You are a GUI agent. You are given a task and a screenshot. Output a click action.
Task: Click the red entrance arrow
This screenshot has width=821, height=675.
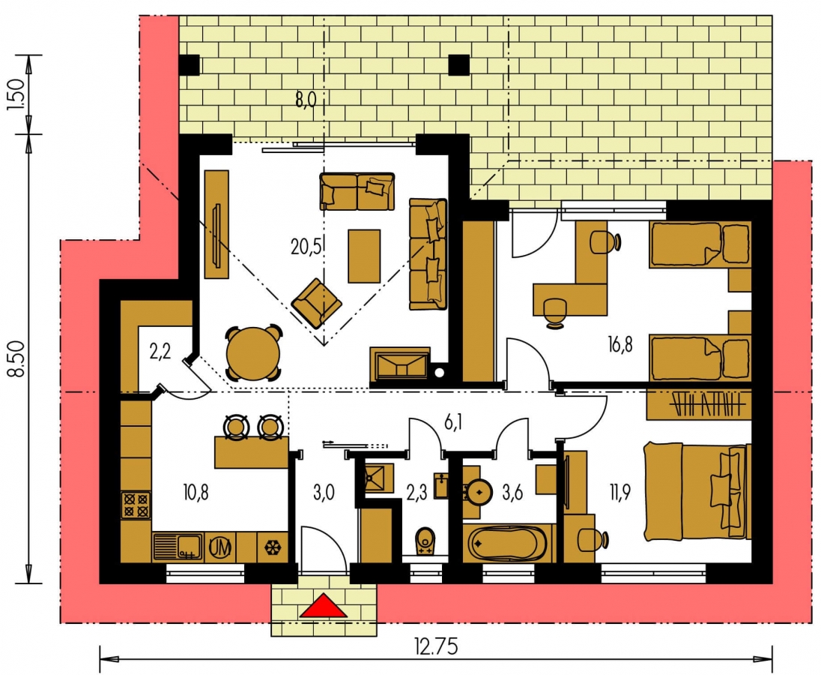click(324, 605)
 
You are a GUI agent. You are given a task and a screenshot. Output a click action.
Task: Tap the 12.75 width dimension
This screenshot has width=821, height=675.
click(436, 646)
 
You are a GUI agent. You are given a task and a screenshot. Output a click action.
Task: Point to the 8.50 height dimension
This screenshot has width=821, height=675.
click(16, 358)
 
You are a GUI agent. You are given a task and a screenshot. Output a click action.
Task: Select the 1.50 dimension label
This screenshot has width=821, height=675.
click(16, 94)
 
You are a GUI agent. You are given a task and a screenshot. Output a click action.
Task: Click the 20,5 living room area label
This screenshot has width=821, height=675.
click(306, 245)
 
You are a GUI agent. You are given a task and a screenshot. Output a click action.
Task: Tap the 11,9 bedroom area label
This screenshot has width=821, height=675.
click(619, 493)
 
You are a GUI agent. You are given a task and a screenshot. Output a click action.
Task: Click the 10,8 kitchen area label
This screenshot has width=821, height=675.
click(196, 493)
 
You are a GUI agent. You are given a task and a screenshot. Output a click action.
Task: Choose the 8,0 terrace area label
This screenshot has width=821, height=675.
click(306, 98)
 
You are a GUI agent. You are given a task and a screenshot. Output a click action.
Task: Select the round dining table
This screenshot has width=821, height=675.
click(253, 353)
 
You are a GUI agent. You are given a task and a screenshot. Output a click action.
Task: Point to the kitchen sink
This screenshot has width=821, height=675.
click(178, 547)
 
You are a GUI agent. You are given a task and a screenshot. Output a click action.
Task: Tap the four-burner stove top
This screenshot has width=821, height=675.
click(136, 505)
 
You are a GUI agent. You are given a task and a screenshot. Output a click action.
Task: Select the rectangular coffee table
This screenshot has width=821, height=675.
click(364, 256)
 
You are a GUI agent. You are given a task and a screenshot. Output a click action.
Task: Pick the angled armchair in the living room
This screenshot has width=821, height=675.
click(316, 303)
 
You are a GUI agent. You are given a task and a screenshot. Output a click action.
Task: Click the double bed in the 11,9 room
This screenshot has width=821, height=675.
click(697, 491)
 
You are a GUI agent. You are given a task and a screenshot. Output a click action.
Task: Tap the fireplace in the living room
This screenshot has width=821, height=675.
click(399, 363)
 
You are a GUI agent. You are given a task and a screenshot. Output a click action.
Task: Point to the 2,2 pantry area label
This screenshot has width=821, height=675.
click(160, 352)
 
